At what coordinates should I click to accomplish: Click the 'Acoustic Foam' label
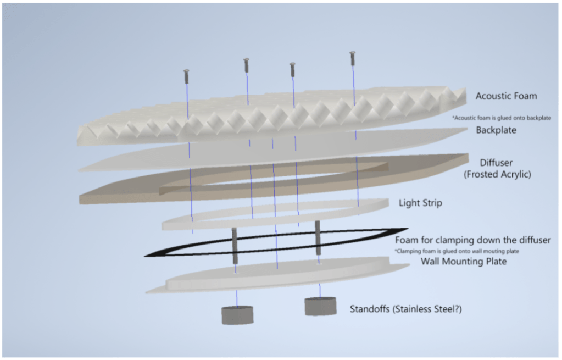click(506, 96)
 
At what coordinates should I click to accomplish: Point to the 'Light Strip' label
click(420, 203)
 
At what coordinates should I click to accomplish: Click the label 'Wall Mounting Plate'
click(463, 261)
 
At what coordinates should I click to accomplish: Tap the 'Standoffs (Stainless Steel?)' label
click(405, 309)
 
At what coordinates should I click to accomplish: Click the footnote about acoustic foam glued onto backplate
click(501, 118)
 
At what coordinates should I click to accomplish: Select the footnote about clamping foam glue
click(457, 251)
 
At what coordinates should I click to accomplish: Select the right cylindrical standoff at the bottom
click(320, 306)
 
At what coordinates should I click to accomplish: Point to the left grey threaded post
click(235, 246)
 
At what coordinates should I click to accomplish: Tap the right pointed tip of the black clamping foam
click(405, 229)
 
